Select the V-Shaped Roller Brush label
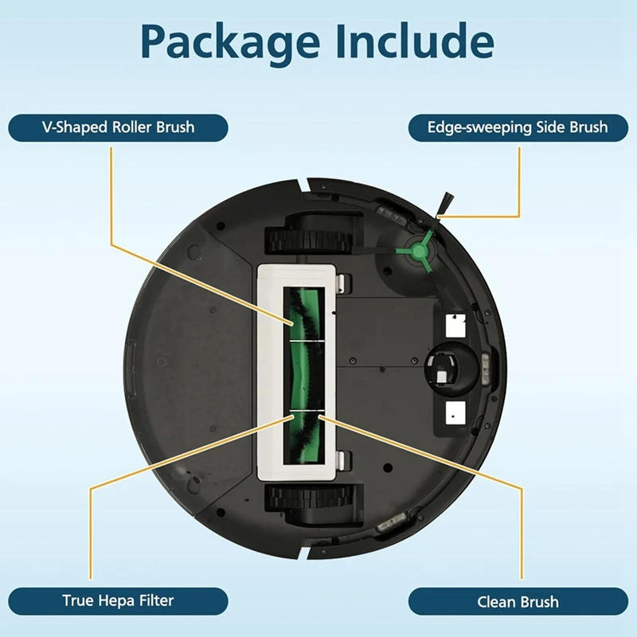[x=118, y=127]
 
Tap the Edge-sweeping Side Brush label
[x=518, y=127]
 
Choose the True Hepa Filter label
[x=118, y=600]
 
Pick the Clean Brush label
[x=518, y=602]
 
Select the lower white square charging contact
[x=455, y=411]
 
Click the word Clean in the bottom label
[x=496, y=602]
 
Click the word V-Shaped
[x=77, y=127]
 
